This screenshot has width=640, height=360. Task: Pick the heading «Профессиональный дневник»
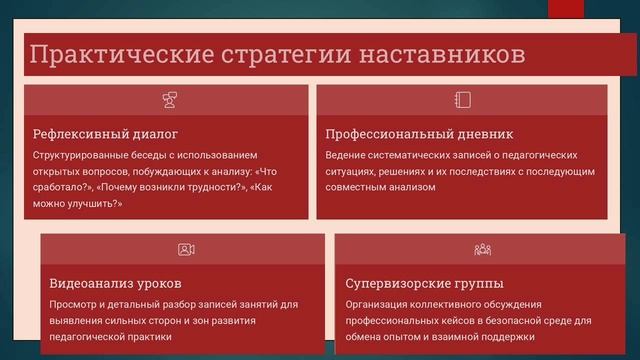(x=419, y=134)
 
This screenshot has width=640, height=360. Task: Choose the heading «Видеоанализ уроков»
(x=115, y=283)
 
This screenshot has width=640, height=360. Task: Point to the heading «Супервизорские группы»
(x=424, y=283)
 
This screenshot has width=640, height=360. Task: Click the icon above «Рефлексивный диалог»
(x=169, y=99)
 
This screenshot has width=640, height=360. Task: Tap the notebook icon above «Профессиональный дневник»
(x=462, y=99)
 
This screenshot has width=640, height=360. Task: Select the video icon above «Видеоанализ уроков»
(x=186, y=249)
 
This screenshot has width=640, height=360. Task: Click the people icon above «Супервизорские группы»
(x=482, y=249)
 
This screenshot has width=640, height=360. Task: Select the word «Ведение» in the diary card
(x=347, y=155)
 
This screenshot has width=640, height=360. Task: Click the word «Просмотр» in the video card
(x=73, y=304)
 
